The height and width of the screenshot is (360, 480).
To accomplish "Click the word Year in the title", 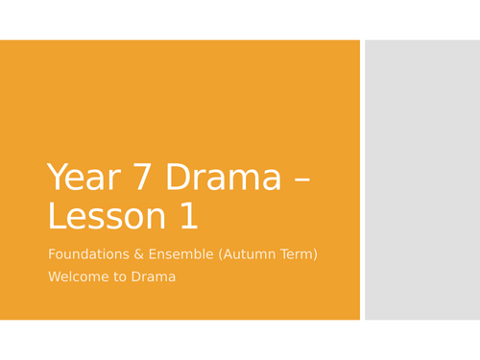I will coord(84,179).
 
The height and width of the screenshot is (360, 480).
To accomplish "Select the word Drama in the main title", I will coord(223,179).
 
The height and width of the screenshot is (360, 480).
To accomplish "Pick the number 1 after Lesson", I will coord(187,217).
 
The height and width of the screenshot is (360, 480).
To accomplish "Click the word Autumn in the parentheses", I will coord(252,254).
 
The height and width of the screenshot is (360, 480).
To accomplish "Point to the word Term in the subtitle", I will coord(299,254).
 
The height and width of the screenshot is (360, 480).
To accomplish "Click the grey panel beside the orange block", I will coord(421,180).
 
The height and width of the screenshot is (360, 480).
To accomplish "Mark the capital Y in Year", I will coord(56,179).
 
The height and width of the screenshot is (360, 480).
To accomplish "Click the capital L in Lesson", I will coord(55,217).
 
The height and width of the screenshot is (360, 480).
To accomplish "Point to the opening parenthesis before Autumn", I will coord(226,254).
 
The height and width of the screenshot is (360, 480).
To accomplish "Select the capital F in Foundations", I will coord(51,254).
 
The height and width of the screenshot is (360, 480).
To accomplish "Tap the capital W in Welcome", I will coord(54,277).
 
